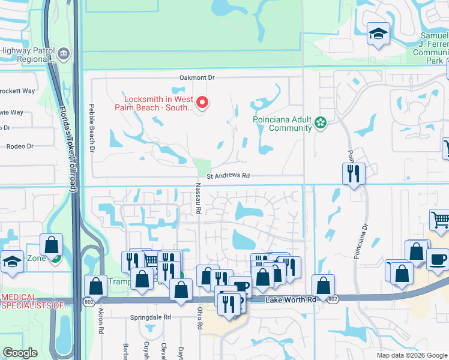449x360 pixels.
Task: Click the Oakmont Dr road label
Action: click(x=197, y=78)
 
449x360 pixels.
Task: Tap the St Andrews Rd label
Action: click(x=228, y=176)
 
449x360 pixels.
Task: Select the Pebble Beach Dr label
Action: click(x=92, y=130)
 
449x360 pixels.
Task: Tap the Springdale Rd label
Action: click(x=151, y=317)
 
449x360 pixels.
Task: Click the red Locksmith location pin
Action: click(x=202, y=103)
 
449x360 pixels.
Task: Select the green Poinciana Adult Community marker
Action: click(x=321, y=124)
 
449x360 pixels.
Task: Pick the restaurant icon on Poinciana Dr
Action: click(x=354, y=173)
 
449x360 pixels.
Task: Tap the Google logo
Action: click(x=20, y=353)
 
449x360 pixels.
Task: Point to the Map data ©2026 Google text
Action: click(x=411, y=355)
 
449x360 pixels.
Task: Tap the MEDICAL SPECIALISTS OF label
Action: click(x=35, y=301)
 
